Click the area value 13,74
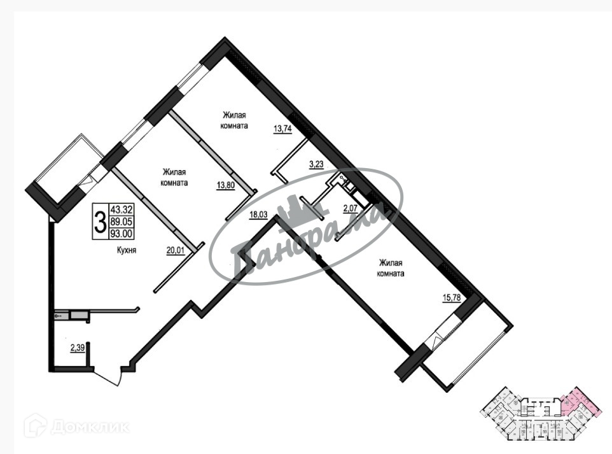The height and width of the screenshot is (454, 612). pos(282,128)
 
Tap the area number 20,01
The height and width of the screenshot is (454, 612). pos(175,250)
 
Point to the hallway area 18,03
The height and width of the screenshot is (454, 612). pos(258,215)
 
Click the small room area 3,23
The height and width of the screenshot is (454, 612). pos(316,164)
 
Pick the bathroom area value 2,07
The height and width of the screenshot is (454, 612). pos(351,208)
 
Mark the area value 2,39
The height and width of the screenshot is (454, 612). pos(78,348)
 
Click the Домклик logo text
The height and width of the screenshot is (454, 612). pos(89,426)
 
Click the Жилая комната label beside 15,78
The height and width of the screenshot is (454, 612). pos(391,268)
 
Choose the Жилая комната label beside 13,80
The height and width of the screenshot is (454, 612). pos(175,176)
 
